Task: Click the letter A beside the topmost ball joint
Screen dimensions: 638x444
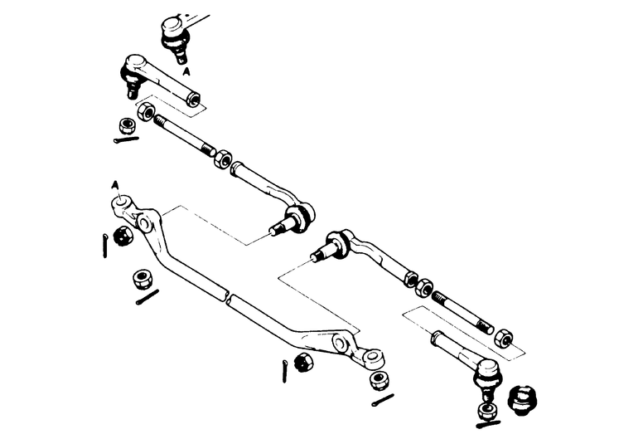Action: (188, 73)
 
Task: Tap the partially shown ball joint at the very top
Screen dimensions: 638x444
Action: (175, 33)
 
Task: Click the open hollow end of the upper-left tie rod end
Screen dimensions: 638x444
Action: (193, 100)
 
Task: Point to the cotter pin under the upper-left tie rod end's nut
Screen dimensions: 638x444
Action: (127, 140)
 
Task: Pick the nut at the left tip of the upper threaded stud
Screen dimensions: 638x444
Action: (147, 111)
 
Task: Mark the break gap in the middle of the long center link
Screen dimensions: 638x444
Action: (226, 294)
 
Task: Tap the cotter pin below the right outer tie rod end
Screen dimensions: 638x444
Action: (488, 423)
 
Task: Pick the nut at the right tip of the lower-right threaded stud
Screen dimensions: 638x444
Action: (503, 339)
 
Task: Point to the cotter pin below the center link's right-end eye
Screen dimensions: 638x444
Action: (383, 401)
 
